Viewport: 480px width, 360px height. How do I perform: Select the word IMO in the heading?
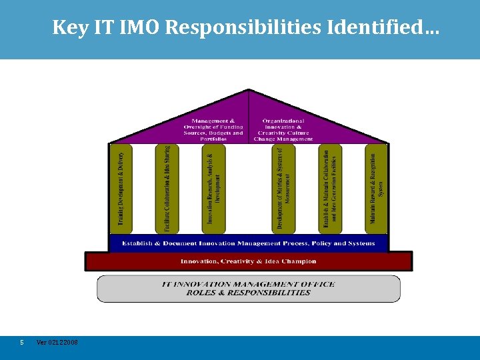tap(135, 27)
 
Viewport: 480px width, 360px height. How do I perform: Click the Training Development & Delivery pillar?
tap(121, 189)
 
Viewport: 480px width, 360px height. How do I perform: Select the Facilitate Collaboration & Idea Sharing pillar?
tap(167, 189)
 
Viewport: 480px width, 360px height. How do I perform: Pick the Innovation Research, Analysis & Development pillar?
tap(213, 189)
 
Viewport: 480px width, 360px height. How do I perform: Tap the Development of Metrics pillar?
tap(283, 189)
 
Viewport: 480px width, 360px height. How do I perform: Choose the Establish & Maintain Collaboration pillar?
tap(330, 189)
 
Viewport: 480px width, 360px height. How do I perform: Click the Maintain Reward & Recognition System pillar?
tap(376, 189)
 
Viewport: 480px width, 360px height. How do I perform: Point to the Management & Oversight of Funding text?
tap(213, 129)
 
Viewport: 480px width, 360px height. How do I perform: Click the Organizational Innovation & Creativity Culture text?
tap(283, 129)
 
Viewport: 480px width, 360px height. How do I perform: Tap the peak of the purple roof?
tap(248, 91)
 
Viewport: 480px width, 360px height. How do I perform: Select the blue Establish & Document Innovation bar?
tap(248, 243)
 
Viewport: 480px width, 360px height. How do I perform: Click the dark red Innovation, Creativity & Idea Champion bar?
tap(248, 261)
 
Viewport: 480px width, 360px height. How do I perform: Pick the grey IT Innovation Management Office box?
tap(248, 289)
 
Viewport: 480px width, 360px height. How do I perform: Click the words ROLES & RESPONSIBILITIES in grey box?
tap(248, 293)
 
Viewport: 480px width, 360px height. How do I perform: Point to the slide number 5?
tap(22, 342)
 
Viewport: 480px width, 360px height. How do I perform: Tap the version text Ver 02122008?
tap(57, 342)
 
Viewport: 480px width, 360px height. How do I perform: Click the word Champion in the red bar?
tap(300, 261)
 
